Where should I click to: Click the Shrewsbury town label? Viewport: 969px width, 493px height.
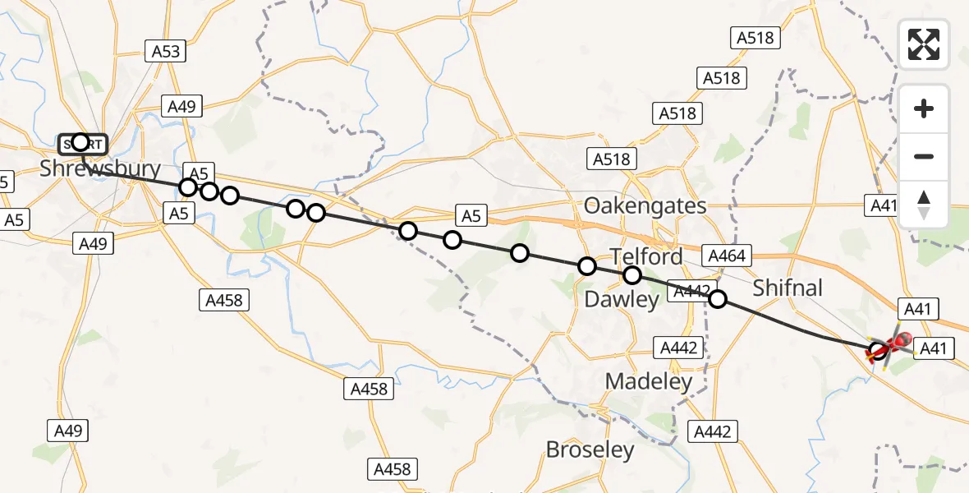click(x=100, y=169)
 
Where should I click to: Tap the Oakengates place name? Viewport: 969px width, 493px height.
click(x=645, y=205)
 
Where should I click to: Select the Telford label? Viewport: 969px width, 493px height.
click(x=646, y=256)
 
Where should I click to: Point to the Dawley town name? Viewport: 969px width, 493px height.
click(x=622, y=300)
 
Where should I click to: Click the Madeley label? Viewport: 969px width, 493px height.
click(x=649, y=381)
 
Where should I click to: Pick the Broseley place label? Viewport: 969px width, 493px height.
click(x=590, y=449)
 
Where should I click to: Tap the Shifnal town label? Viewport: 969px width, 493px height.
click(x=788, y=288)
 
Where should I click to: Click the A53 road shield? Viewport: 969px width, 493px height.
click(x=166, y=52)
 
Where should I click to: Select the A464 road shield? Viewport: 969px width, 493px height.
click(x=725, y=256)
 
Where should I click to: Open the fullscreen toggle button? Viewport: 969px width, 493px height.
click(x=924, y=44)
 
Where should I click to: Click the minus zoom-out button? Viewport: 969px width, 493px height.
click(x=924, y=156)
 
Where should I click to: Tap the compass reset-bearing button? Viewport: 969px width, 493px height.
click(x=924, y=205)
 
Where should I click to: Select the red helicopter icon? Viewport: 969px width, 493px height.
click(x=891, y=345)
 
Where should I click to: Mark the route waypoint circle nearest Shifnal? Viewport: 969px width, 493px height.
click(x=718, y=299)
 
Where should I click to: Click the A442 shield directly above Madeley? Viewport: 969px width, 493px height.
click(x=678, y=348)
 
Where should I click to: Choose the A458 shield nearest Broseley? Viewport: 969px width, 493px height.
click(x=392, y=469)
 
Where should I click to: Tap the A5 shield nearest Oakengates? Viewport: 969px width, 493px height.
click(x=470, y=216)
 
